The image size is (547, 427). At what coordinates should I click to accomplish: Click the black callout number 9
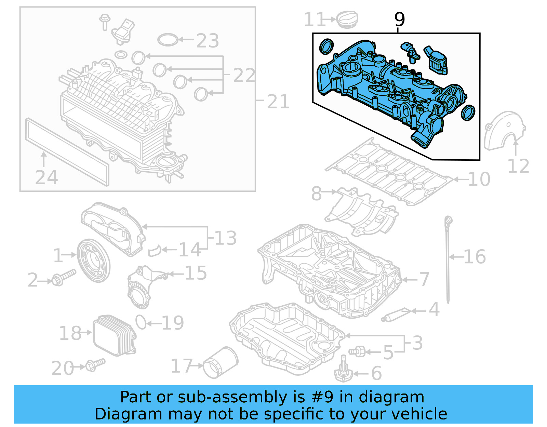(x=399, y=19)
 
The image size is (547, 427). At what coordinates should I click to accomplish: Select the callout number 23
(x=208, y=41)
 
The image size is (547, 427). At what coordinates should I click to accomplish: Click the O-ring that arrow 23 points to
(x=168, y=40)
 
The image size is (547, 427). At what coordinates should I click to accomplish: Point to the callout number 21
(x=278, y=102)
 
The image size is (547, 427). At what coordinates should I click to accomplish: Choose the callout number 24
(x=46, y=177)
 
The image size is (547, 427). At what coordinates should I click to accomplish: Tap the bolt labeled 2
(x=63, y=277)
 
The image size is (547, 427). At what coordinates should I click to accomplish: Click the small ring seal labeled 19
(x=141, y=322)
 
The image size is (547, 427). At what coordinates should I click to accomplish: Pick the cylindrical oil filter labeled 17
(x=221, y=363)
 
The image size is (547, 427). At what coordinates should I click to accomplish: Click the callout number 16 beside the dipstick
(x=475, y=257)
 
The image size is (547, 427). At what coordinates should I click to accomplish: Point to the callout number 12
(x=518, y=166)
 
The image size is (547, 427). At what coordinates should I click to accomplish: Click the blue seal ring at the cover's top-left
(x=326, y=47)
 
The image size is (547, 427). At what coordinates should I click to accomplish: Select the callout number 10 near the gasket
(x=479, y=179)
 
